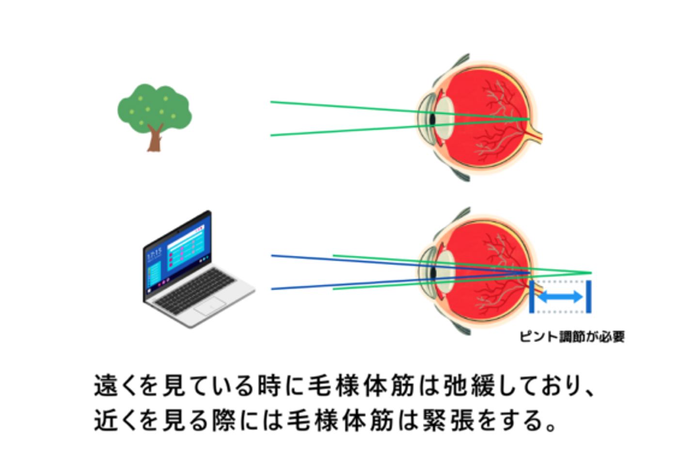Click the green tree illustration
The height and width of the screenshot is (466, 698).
pyautogui.click(x=154, y=109)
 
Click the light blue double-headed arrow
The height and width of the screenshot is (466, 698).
pyautogui.click(x=560, y=296)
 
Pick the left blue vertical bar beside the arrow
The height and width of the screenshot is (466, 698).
pyautogui.click(x=532, y=296)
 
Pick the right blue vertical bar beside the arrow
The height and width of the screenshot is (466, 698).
pyautogui.click(x=588, y=296)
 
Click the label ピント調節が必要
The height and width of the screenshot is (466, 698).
pyautogui.click(x=572, y=336)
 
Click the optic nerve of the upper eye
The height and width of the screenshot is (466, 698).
pyautogui.click(x=536, y=136)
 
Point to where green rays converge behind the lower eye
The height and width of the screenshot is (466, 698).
pyautogui.click(x=590, y=273)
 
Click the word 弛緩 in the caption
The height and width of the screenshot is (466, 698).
pyautogui.click(x=469, y=386)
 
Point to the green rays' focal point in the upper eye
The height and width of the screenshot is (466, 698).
pyautogui.click(x=528, y=119)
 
